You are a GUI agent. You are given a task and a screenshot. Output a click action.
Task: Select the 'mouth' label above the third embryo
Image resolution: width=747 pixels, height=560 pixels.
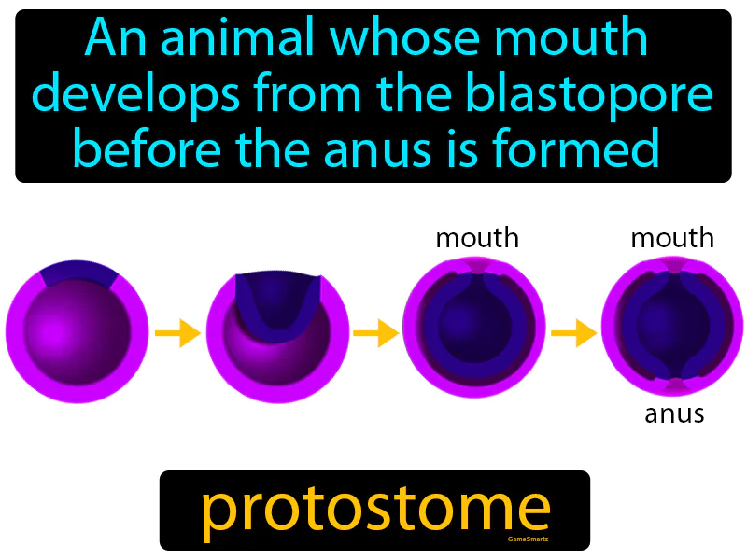pos(477,238)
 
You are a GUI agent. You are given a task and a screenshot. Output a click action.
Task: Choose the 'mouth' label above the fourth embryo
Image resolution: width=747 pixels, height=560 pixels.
pos(672,238)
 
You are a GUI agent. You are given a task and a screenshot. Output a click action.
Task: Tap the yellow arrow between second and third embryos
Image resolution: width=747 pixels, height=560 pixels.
pos(375,333)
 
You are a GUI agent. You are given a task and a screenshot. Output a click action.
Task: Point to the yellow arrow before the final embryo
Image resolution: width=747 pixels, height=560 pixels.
pos(573,333)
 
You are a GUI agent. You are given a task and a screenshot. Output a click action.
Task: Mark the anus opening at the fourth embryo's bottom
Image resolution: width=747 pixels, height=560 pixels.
pos(673,385)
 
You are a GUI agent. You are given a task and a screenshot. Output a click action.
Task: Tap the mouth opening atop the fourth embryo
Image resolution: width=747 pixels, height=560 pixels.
pos(673,268)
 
